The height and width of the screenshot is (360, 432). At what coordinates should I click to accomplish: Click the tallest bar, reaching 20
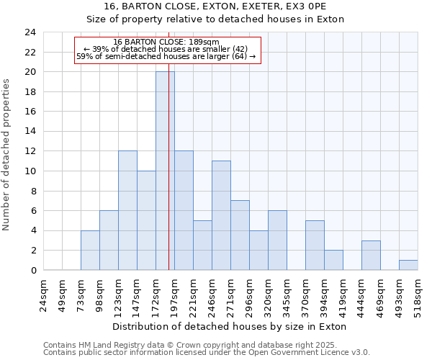tap(165, 171)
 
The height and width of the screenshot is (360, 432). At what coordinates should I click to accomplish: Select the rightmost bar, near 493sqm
tap(408, 265)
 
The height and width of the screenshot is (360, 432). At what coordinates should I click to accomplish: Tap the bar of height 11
tap(221, 215)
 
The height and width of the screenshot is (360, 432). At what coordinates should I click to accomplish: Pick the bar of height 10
tap(146, 220)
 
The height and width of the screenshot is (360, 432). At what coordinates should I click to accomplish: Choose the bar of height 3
tap(371, 255)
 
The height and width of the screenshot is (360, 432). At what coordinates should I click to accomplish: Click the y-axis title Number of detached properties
tap(7, 155)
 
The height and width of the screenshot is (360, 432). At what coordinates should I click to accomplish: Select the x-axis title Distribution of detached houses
tap(230, 326)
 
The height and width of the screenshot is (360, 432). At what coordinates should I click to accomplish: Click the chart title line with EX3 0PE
tap(215, 7)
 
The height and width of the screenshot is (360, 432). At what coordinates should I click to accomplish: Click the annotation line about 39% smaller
tap(166, 49)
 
